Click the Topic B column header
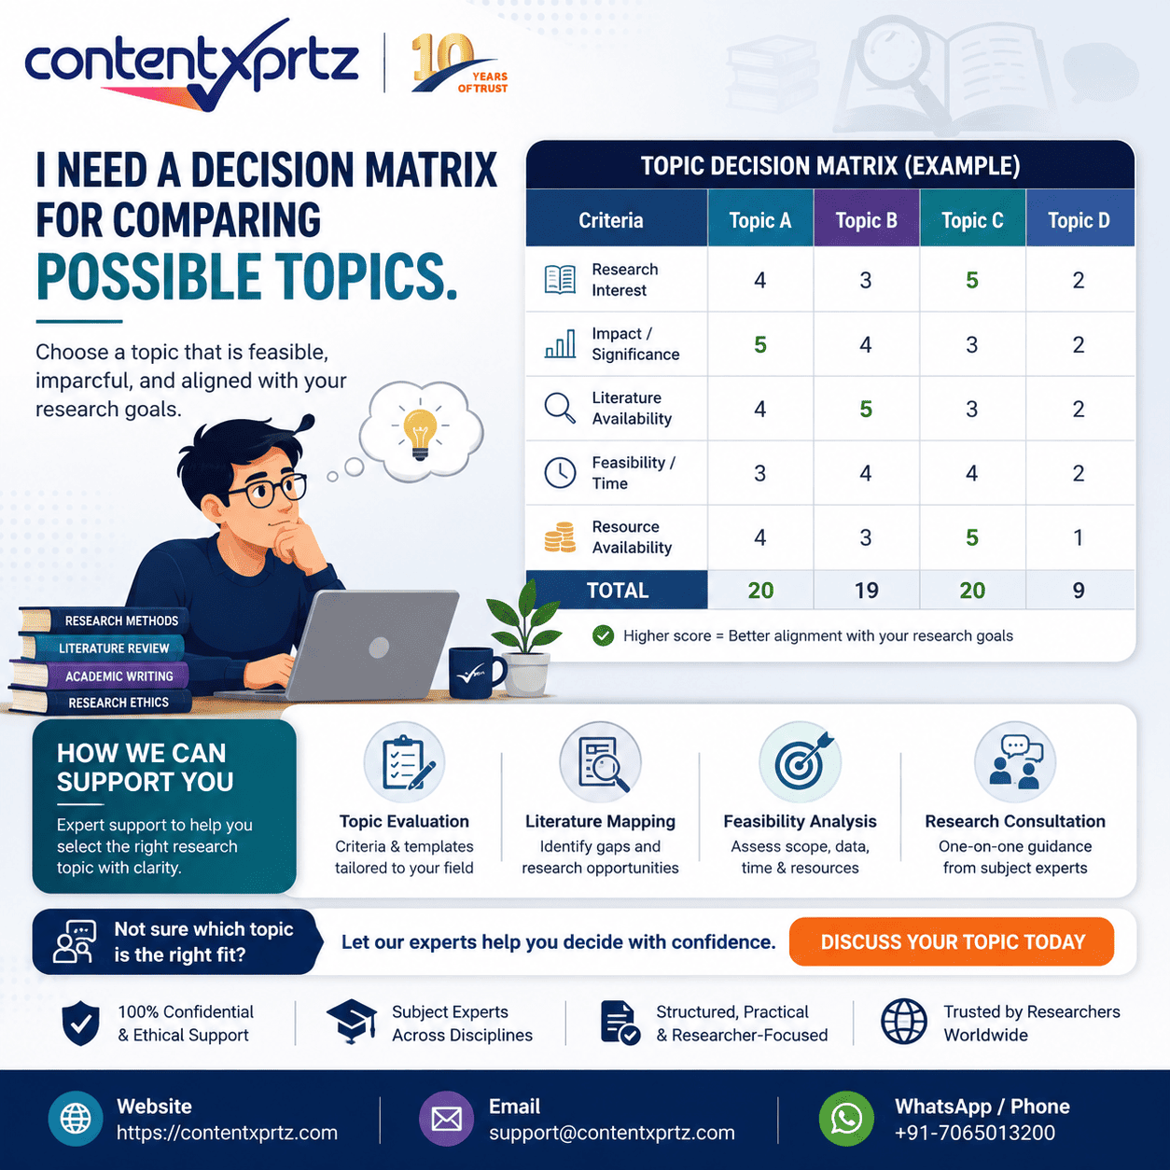tap(866, 220)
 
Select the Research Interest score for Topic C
tap(971, 280)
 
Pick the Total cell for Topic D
tap(1079, 591)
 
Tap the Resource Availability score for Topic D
tap(1079, 537)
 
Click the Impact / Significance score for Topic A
tap(760, 345)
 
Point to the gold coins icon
tap(559, 536)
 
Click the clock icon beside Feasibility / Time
tap(560, 472)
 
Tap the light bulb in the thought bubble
tap(420, 432)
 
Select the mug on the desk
tap(477, 672)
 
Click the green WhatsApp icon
tap(845, 1119)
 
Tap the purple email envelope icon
tap(446, 1119)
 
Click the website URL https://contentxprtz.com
tap(227, 1133)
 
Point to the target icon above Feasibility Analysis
tap(801, 762)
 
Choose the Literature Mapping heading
tap(600, 821)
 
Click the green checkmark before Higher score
tap(603, 635)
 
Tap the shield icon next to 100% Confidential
tap(81, 1024)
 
